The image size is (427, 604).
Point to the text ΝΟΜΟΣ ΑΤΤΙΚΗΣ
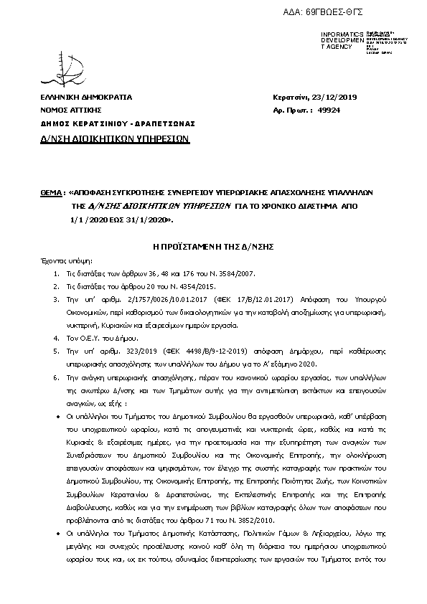[x=71, y=110]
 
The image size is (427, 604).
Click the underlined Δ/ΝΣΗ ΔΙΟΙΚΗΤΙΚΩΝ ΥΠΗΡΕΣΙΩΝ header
[x=114, y=138]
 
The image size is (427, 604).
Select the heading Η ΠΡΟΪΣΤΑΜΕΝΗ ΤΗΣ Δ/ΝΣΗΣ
[x=214, y=245]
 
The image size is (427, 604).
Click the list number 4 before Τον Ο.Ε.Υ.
[x=57, y=335]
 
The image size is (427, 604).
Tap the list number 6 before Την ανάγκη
[x=57, y=377]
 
